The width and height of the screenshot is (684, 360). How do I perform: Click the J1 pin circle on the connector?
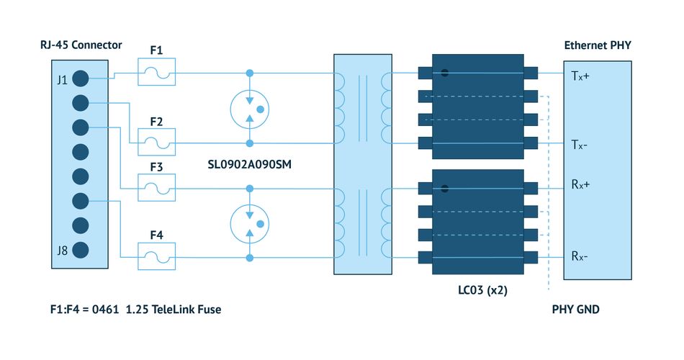[x=80, y=78]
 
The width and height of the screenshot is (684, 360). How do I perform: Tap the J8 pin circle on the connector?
[x=80, y=250]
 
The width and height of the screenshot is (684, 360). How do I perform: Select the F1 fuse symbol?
[x=157, y=71]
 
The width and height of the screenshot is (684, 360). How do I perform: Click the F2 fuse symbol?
[x=157, y=142]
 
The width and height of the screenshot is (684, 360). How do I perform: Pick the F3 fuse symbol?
[x=157, y=188]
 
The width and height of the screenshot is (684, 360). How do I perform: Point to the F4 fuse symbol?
[x=157, y=256]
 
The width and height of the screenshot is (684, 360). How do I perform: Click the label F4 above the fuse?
[x=157, y=235]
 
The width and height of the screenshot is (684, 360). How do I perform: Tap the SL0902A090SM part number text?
[x=250, y=164]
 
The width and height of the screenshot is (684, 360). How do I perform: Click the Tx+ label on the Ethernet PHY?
[x=580, y=76]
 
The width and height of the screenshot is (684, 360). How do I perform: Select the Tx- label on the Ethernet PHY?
[x=580, y=145]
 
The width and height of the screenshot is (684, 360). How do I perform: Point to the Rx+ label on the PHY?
[x=580, y=184]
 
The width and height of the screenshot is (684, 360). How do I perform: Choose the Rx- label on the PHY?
[x=580, y=256]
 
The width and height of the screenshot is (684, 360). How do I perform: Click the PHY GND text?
[x=576, y=310]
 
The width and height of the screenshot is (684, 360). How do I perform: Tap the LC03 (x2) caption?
[x=483, y=290]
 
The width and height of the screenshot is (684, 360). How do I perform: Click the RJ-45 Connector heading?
[x=81, y=45]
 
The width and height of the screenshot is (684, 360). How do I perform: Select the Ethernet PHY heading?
[x=598, y=45]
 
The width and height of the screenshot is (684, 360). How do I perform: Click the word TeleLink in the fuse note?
[x=173, y=310]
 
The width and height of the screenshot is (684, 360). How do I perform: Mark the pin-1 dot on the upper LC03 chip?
[x=444, y=73]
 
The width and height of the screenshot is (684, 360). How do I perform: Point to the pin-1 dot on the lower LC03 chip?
[x=444, y=189]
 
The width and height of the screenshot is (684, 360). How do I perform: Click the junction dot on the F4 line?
[x=250, y=258]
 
